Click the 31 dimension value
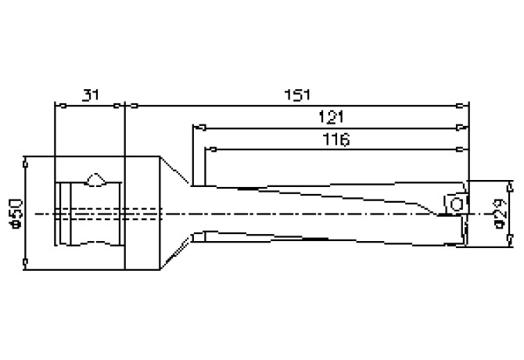[90, 95]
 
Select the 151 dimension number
[296, 95]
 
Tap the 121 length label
[332, 117]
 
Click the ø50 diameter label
[16, 212]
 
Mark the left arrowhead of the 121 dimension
[197, 127]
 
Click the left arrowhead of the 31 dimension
[57, 105]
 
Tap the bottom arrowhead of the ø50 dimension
[27, 262]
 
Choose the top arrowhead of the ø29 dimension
[511, 185]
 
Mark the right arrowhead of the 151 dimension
[465, 105]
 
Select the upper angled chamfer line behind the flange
[177, 171]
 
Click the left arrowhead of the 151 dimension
[131, 105]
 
